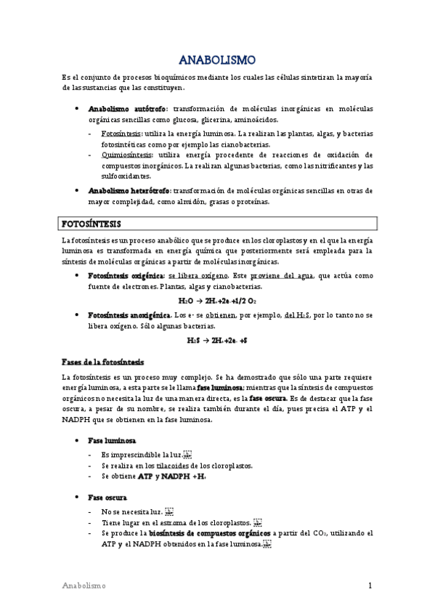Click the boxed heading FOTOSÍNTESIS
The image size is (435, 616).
(x=91, y=223)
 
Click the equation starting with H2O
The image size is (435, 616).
(x=216, y=299)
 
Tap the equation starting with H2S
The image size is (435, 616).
(x=216, y=339)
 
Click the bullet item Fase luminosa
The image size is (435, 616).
(x=111, y=441)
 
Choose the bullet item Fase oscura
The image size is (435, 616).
(x=107, y=498)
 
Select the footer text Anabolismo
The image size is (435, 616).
(x=84, y=585)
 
